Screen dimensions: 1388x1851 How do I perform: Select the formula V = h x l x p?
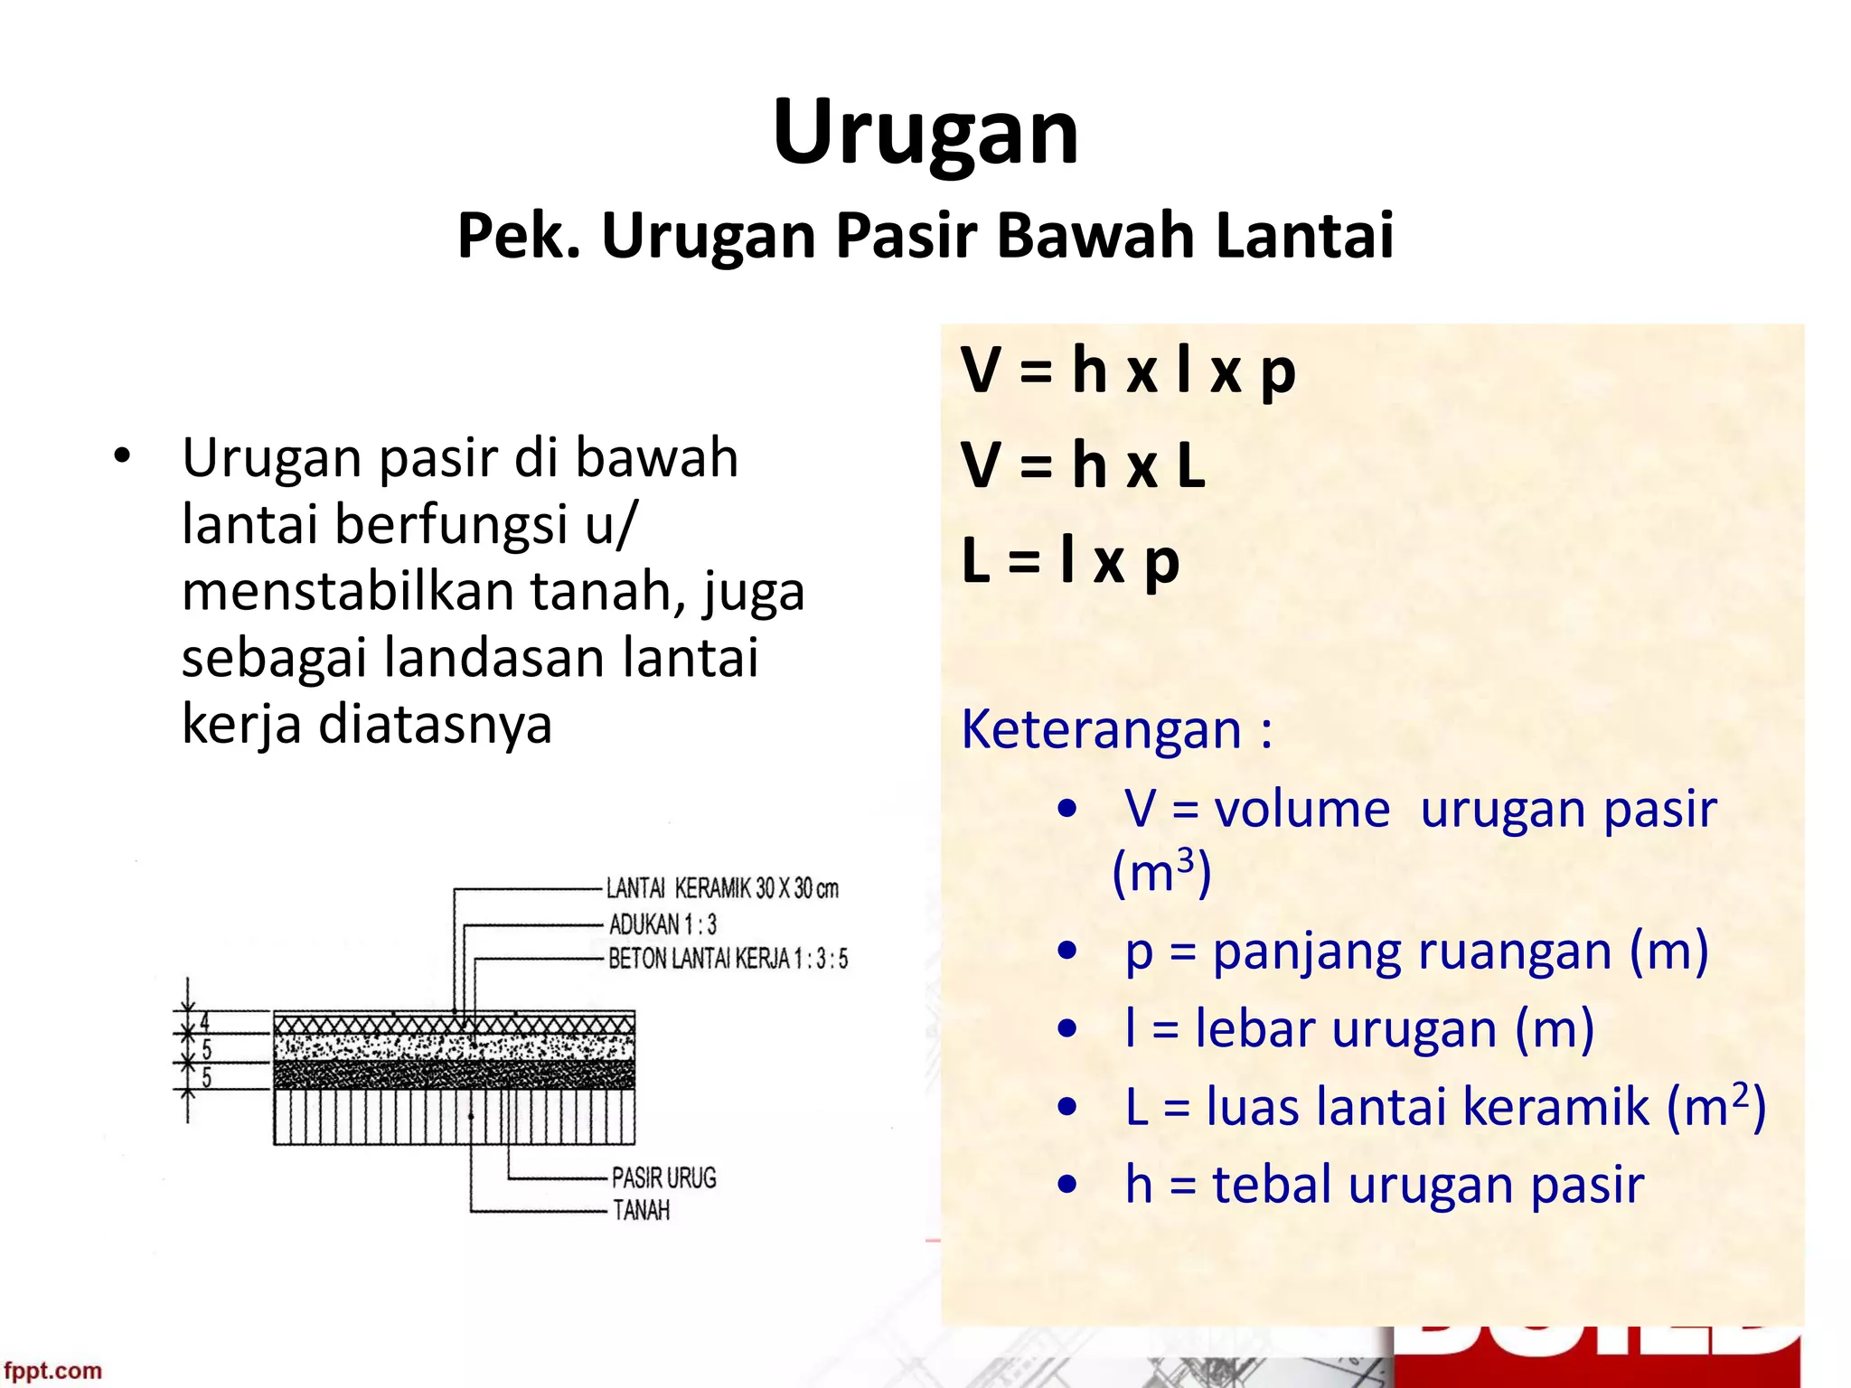[x=1128, y=370]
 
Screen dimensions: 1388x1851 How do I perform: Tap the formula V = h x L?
[x=1083, y=466]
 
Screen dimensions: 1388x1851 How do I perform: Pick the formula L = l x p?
[x=1070, y=561]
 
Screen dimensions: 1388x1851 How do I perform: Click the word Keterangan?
[x=1101, y=729]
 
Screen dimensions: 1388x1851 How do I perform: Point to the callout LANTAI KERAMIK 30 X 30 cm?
[x=722, y=889]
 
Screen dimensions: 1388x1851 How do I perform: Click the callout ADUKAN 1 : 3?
[x=662, y=924]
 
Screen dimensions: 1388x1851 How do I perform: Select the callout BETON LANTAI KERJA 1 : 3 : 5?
[x=728, y=959]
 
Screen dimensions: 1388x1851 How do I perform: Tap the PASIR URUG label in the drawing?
[x=663, y=1178]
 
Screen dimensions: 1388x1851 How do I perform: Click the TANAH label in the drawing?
[x=641, y=1210]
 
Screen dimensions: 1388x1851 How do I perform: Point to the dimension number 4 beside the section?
[x=205, y=1022]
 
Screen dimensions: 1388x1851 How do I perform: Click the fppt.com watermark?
[x=52, y=1371]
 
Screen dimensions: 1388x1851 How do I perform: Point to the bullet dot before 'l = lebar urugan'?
[x=1067, y=1028]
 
